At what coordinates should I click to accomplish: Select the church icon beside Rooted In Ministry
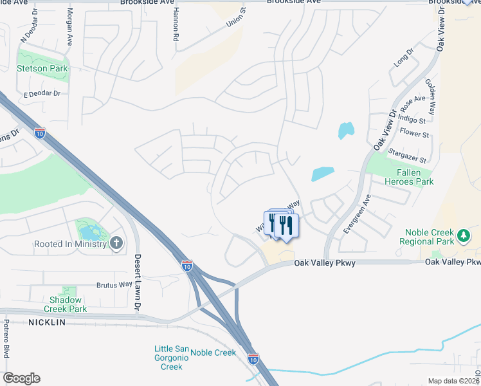[116, 243]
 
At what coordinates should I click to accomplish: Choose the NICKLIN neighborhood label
[46, 322]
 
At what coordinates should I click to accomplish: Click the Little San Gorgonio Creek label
[171, 358]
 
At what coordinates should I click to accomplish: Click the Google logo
[21, 378]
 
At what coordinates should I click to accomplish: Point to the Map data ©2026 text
[453, 381]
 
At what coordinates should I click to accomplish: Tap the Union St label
[236, 18]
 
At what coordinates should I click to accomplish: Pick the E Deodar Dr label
[41, 94]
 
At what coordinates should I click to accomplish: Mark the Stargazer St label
[408, 155]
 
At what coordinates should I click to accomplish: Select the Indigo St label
[413, 120]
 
